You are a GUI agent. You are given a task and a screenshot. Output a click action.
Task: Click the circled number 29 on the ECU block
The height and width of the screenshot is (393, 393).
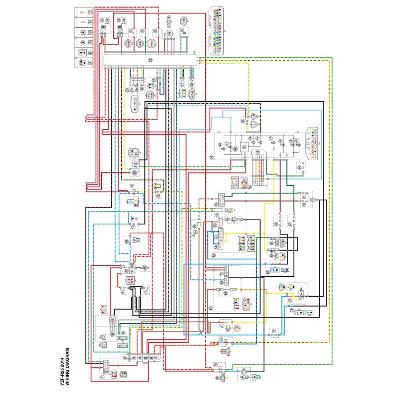[x=150, y=60]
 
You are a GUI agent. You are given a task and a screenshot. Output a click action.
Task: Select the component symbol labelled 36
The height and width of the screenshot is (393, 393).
[x=169, y=34]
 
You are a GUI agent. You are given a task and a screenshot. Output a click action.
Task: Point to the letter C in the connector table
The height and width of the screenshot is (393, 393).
[x=90, y=13]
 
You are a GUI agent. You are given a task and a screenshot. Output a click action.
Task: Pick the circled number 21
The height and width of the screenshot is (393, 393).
[x=135, y=163]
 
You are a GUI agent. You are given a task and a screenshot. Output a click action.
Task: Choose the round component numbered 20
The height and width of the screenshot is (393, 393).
[x=134, y=173]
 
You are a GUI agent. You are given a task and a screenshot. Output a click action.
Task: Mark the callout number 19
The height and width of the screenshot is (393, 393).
[x=158, y=195]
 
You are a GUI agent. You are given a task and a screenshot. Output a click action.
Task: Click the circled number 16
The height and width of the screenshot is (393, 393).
[x=126, y=242]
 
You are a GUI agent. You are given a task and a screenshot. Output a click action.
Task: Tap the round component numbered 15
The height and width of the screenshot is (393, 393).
[x=145, y=268]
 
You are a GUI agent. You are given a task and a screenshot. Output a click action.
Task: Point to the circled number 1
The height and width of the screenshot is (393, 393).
[x=102, y=377]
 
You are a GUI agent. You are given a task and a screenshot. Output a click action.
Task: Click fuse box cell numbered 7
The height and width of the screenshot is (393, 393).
[x=157, y=358]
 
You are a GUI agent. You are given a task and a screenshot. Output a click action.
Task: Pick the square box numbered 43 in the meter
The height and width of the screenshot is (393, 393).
[x=244, y=147]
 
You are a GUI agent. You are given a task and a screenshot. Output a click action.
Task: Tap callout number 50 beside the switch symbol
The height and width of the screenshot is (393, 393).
[x=299, y=167]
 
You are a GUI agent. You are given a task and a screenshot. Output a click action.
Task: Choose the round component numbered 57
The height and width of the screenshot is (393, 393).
[x=234, y=220]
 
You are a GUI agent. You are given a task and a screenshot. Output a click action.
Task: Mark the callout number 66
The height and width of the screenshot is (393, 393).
[x=268, y=272]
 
